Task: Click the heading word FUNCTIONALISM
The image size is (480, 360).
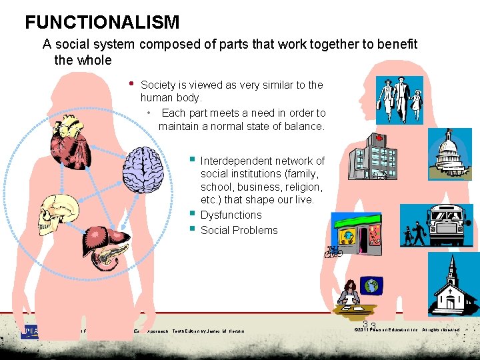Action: tap(102, 22)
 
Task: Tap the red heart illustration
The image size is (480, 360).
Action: tap(71, 141)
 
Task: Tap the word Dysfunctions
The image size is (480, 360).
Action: tap(231, 215)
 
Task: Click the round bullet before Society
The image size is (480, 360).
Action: tap(132, 84)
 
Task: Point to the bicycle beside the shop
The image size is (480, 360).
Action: tap(333, 252)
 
